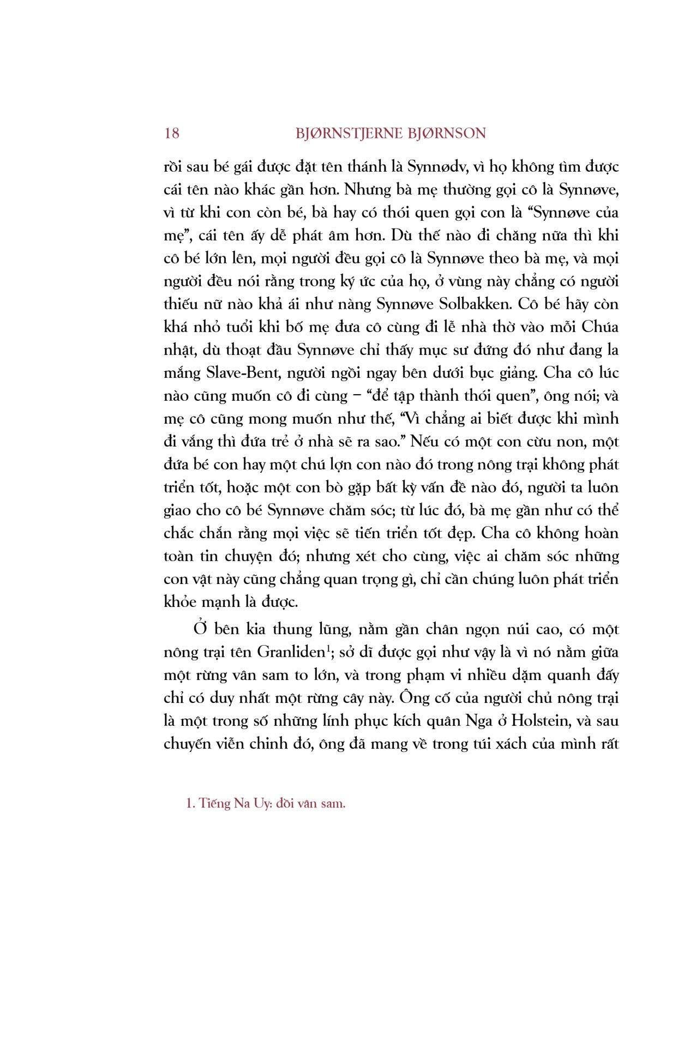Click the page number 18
pos(171,133)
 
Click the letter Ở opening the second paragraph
pos(200,628)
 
